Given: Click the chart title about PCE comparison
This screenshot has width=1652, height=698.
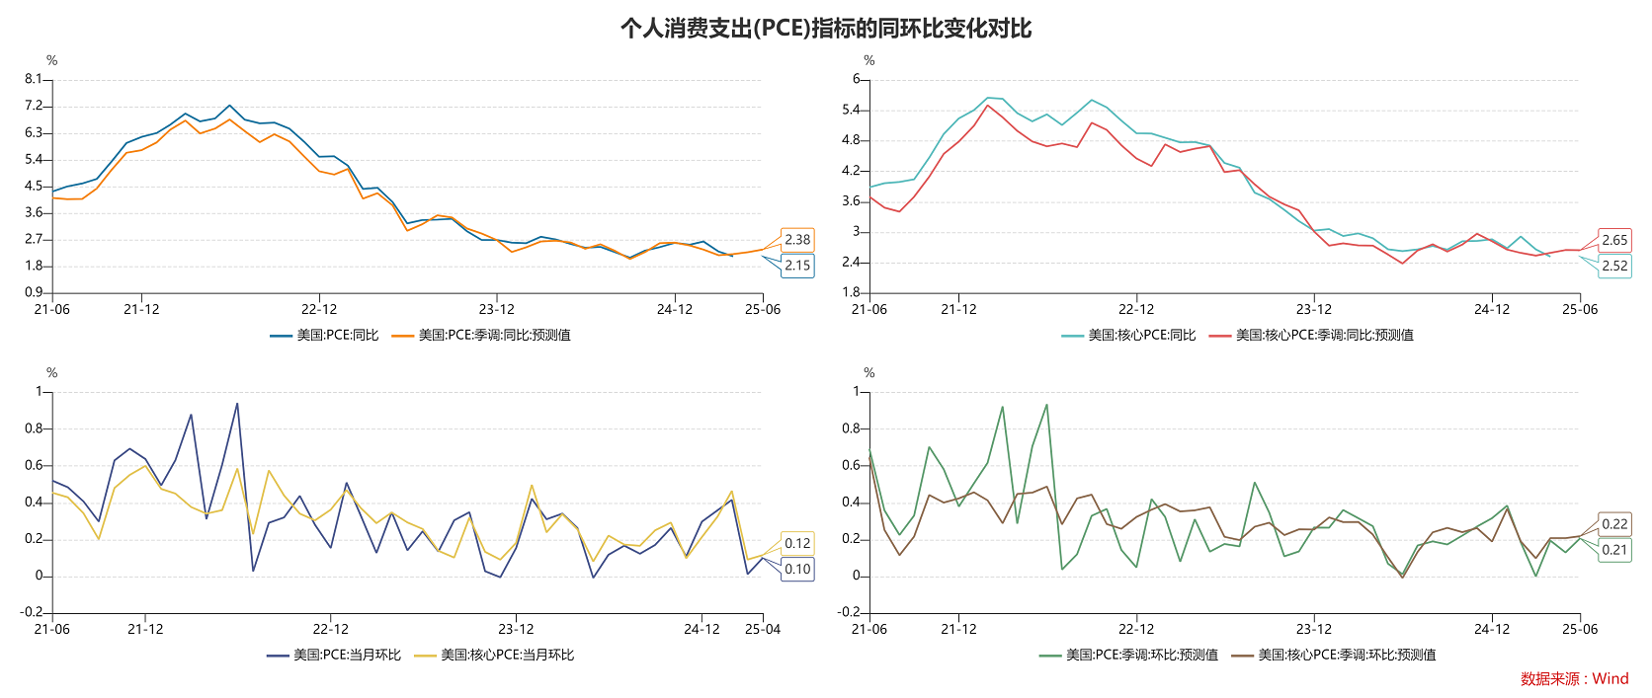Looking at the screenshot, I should click(x=826, y=28).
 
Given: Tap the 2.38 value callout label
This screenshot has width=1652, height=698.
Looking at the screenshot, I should click(x=797, y=240).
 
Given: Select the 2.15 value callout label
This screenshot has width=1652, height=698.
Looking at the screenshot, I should click(x=797, y=266).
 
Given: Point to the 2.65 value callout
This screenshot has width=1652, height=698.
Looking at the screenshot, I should click(x=1614, y=240).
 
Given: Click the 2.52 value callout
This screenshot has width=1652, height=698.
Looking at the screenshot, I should click(x=1614, y=266).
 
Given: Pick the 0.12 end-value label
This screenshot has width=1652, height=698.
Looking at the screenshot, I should click(x=797, y=543).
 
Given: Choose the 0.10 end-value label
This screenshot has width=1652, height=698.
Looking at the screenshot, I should click(x=797, y=569).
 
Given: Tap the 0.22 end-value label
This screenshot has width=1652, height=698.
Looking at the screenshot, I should click(x=1614, y=524).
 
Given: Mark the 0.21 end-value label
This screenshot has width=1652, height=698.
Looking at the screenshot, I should click(x=1614, y=550).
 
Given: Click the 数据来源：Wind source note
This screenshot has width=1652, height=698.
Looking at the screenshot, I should click(x=1574, y=678).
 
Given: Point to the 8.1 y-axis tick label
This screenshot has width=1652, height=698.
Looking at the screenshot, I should click(x=34, y=79).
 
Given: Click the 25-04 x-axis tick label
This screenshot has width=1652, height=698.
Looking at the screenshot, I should click(x=763, y=629).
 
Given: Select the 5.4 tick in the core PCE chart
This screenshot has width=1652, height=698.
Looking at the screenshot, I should click(x=851, y=110).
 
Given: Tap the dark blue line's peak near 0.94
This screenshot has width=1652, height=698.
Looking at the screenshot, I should click(x=237, y=404).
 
